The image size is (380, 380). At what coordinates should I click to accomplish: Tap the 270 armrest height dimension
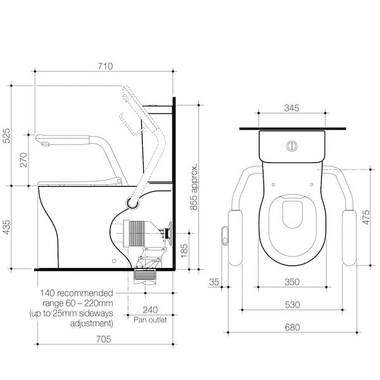click(23, 160)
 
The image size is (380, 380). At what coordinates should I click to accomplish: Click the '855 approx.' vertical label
click(195, 187)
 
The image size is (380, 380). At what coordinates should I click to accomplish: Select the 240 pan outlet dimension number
click(151, 310)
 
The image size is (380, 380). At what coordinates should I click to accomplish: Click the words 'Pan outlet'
click(150, 320)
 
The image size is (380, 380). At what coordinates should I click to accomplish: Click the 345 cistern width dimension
click(292, 109)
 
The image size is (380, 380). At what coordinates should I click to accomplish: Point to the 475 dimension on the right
click(366, 217)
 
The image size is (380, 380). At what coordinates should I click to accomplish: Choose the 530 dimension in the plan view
click(292, 305)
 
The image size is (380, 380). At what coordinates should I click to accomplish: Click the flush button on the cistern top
click(291, 144)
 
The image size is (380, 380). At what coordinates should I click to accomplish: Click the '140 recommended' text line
click(77, 293)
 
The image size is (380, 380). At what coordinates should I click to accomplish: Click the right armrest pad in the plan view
click(350, 237)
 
